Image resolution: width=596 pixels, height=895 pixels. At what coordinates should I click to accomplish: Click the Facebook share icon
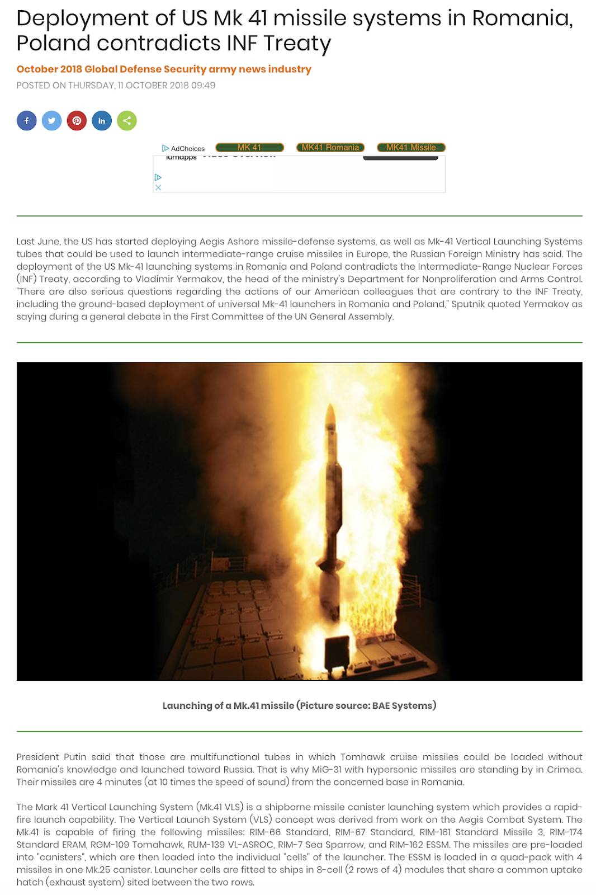pyautogui.click(x=26, y=121)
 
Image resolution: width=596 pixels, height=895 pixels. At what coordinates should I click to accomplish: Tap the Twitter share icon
pyautogui.click(x=51, y=121)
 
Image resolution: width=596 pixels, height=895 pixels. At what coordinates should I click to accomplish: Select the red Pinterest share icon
pyautogui.click(x=77, y=121)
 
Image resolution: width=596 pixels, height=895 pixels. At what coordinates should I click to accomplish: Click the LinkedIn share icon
pyautogui.click(x=102, y=121)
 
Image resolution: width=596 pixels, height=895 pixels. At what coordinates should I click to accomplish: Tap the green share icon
pyautogui.click(x=127, y=121)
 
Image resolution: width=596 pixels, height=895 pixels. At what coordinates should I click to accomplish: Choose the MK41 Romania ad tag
pyautogui.click(x=330, y=148)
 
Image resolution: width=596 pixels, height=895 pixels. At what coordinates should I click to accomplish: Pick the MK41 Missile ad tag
pyautogui.click(x=411, y=148)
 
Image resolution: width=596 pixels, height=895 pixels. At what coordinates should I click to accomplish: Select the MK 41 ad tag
pyautogui.click(x=249, y=148)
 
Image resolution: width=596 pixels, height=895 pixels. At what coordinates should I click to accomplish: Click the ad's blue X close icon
pyautogui.click(x=158, y=187)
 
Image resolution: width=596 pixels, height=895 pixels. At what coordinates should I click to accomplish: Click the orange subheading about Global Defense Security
pyautogui.click(x=163, y=69)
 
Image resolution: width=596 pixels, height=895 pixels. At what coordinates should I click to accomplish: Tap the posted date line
pyautogui.click(x=115, y=86)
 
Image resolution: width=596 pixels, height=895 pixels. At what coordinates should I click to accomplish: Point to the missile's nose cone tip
pyautogui.click(x=330, y=407)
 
